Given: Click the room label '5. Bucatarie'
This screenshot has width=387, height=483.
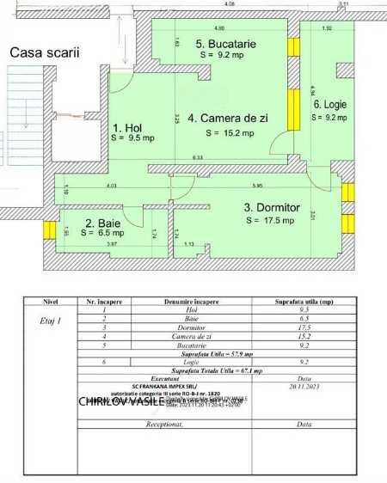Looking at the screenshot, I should coord(224,43).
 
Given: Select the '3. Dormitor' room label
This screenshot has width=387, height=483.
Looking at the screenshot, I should coord(272,207).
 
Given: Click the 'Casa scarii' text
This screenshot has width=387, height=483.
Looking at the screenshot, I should coord(44,52).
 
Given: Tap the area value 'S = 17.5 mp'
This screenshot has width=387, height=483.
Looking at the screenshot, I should coord(269,220).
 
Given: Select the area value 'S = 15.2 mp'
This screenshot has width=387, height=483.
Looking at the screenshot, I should coord(230,133).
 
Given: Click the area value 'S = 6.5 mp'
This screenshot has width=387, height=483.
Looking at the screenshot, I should coord(102,232).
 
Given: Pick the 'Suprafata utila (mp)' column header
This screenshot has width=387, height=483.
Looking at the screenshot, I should coord(304,302).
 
